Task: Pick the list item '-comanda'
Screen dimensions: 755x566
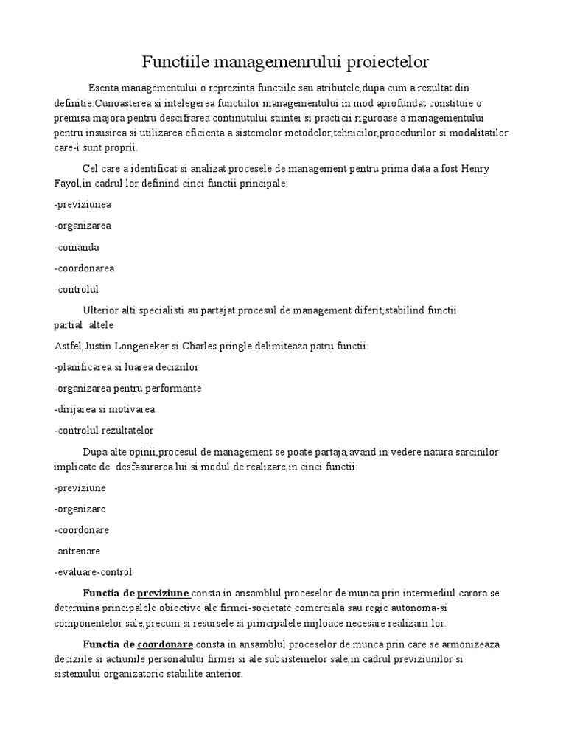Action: tap(77, 247)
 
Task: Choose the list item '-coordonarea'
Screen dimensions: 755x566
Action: tap(84, 268)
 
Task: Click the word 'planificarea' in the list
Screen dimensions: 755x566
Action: tap(85, 366)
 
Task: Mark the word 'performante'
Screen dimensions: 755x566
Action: tap(175, 388)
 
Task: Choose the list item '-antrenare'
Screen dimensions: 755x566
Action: tap(77, 551)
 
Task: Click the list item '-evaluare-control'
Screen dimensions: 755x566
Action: tap(94, 571)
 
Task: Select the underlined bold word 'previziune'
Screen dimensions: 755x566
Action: tap(163, 593)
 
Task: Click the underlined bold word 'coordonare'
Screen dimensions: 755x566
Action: tap(165, 644)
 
